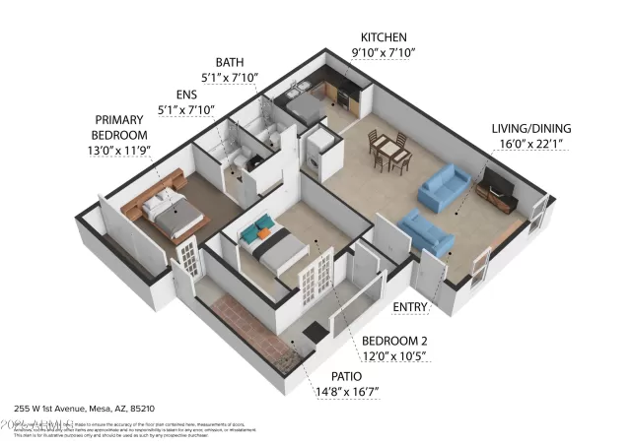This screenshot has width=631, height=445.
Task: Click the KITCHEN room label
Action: pyautogui.click(x=384, y=36)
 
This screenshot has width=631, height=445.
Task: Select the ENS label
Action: pyautogui.click(x=186, y=95)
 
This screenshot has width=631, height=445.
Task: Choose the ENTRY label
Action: pyautogui.click(x=410, y=307)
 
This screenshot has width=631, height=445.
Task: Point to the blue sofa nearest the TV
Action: pyautogui.click(x=444, y=186)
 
